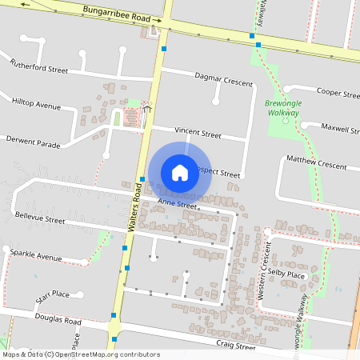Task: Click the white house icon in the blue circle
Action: coord(180,172)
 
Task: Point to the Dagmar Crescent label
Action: coord(224,78)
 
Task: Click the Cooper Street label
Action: coord(338,93)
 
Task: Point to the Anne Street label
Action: coord(177,204)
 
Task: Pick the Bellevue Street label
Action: coord(39,218)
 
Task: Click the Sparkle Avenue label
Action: coord(36,255)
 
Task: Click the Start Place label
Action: coord(52,298)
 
